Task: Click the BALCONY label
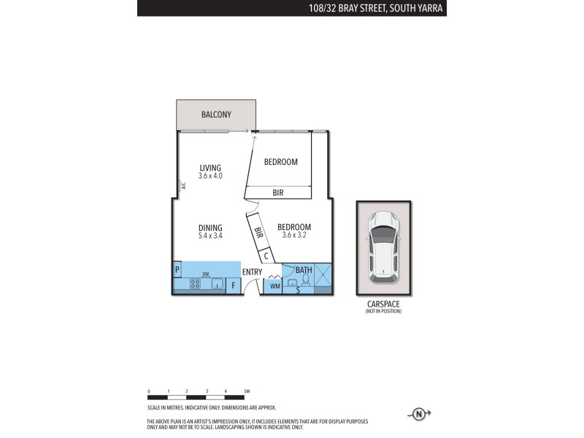point(216,115)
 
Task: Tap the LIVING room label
point(210,168)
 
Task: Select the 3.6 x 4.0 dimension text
point(210,176)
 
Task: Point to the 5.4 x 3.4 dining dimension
point(210,236)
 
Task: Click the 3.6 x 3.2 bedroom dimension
point(294,236)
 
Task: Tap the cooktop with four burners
point(196,284)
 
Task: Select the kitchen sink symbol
point(218,284)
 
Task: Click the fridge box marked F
point(234,285)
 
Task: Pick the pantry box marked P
point(177,270)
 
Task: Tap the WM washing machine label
point(274,286)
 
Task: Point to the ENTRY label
point(253,272)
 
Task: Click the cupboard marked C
point(266,255)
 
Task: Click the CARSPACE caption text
point(383,304)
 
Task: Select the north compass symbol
point(419,414)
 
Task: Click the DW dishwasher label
point(207,274)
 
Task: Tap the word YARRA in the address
point(431,8)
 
